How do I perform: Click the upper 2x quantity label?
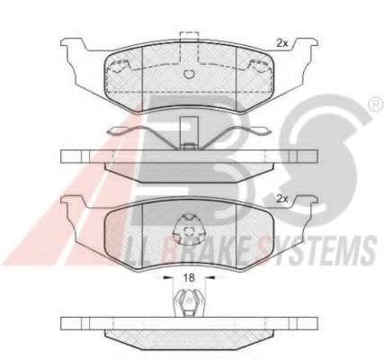[x=281, y=43]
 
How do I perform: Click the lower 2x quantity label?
[x=281, y=199]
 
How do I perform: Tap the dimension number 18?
[x=189, y=277]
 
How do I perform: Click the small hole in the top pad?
[x=189, y=74]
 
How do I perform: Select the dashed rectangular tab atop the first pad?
[x=189, y=48]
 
